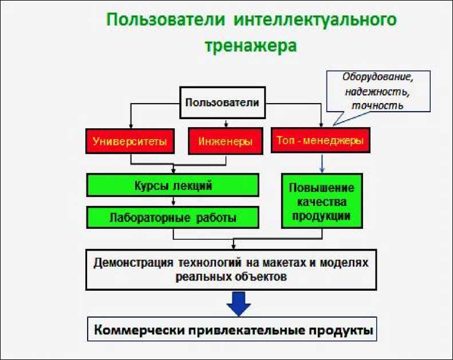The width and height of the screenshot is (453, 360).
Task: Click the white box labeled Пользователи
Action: pos(222,104)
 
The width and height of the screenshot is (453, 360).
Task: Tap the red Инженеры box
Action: pos(225,141)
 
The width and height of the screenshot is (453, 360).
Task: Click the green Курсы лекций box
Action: pos(173,185)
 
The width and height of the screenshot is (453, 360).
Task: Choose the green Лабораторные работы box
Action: pos(173,217)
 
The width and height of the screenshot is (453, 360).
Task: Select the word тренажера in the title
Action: pos(251,46)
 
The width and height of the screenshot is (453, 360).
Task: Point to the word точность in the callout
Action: pos(377,105)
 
